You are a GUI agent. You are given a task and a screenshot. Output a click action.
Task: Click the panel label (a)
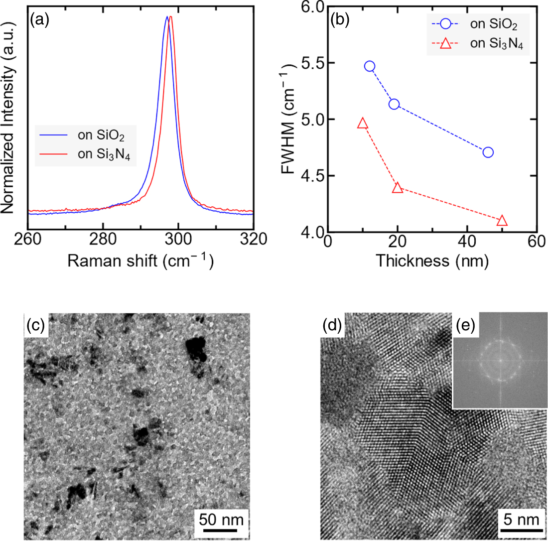pyautogui.click(x=39, y=20)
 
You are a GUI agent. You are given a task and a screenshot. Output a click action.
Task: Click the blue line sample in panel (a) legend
pyautogui.click(x=54, y=135)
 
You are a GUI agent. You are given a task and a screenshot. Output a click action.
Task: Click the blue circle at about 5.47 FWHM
pyautogui.click(x=370, y=66)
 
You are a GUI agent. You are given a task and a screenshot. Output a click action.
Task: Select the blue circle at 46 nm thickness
pyautogui.click(x=488, y=152)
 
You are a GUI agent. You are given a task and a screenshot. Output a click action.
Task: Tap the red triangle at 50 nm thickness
pyautogui.click(x=502, y=221)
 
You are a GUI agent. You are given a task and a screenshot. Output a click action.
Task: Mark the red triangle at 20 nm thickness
pyautogui.click(x=398, y=187)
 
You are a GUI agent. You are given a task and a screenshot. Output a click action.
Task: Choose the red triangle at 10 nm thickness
pyautogui.click(x=363, y=124)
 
